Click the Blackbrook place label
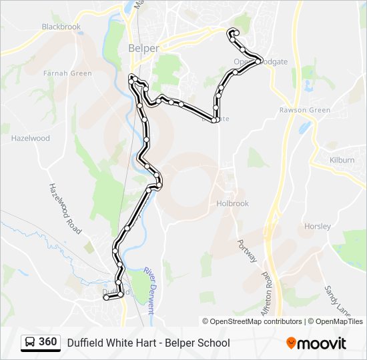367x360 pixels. [61, 27]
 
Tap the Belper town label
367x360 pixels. [143, 48]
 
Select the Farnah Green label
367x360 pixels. [67, 73]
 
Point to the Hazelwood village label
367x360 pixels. [31, 138]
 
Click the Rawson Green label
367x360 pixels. [305, 110]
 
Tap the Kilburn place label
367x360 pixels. [342, 160]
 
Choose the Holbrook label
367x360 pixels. [233, 203]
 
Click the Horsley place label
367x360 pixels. [318, 226]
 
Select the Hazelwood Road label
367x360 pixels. [65, 209]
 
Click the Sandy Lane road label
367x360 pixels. [337, 301]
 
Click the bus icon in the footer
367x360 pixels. [30, 343]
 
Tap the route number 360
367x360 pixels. [48, 342]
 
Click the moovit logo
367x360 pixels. [316, 343]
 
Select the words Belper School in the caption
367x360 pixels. [200, 343]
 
